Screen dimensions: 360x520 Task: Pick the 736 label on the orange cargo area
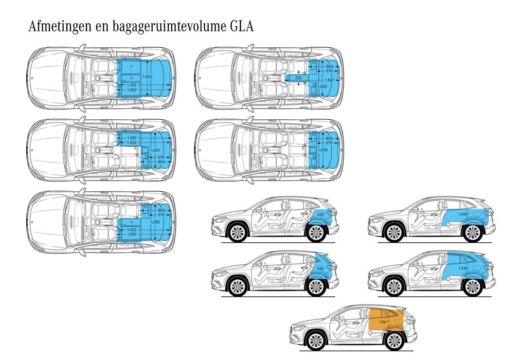383,322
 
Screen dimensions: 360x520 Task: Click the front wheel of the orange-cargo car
315,340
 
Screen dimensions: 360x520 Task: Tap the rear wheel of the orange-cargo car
393,340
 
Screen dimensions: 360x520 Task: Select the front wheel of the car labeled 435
237,233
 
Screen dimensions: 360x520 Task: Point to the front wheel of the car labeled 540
237,287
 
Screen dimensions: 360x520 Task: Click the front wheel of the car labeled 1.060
394,233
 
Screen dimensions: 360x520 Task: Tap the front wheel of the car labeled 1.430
394,287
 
